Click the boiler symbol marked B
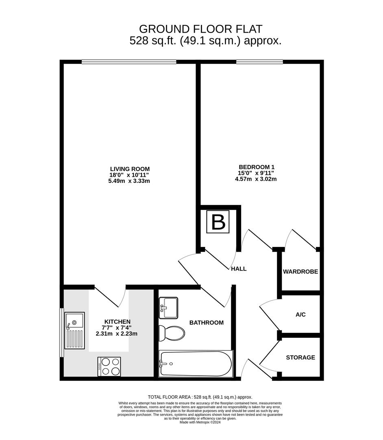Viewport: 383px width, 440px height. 218,222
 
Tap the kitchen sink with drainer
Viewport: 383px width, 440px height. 75,330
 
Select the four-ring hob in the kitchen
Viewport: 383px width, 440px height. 109,366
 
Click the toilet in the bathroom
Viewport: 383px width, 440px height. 171,333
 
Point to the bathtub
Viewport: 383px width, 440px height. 196,363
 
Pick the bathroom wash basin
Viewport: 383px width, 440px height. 168,308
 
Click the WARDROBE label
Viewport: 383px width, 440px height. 300,272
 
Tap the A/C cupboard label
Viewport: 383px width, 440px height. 300,315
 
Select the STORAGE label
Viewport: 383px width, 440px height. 300,358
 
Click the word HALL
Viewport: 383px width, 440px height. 239,269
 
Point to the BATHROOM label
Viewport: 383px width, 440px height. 207,323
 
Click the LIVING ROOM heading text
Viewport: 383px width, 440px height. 130,169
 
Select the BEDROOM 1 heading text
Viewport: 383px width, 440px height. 257,167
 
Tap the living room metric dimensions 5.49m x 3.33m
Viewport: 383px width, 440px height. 130,181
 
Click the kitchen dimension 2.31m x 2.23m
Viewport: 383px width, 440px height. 116,334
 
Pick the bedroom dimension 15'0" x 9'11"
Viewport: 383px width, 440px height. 257,173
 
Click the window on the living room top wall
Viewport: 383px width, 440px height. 129,62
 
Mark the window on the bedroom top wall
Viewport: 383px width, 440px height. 259,62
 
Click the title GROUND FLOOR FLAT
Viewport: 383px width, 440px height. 201,29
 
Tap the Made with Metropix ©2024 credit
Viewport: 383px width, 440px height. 200,422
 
